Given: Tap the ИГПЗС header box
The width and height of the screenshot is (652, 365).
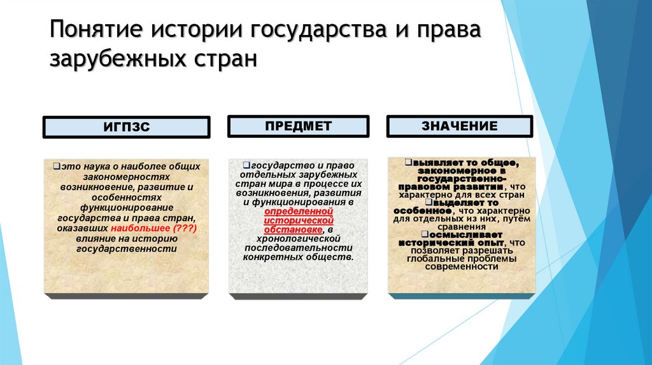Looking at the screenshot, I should tap(126, 127).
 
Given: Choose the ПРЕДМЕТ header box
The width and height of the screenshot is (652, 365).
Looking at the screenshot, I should tap(298, 126).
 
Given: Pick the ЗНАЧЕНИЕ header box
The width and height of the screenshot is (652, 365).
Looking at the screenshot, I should tap(459, 126).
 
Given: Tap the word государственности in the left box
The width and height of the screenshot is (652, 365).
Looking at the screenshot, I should tap(126, 249).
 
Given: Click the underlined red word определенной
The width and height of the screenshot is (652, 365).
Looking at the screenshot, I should tap(299, 210).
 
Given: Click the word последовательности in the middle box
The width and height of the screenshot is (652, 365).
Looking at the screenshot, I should tap(298, 248).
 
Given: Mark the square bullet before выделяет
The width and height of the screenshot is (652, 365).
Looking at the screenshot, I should tap(429, 202).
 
